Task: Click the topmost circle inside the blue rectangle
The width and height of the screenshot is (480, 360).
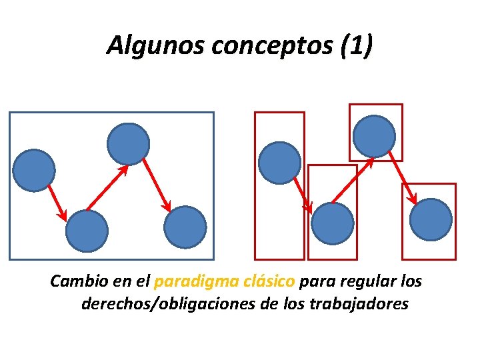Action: point(128,143)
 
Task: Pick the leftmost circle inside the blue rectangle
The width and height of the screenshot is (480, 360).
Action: point(34,170)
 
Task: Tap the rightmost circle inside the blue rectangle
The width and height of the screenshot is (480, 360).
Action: point(185,227)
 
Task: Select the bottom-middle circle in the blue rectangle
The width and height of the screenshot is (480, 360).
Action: point(87,231)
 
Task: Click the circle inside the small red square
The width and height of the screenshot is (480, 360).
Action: point(375,136)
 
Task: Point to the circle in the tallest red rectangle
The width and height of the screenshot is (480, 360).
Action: point(279,163)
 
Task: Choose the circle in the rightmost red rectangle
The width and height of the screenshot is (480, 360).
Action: point(431,219)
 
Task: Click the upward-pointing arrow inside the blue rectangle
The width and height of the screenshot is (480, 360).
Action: point(107,188)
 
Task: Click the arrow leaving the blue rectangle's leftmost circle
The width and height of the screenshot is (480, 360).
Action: point(57,203)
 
